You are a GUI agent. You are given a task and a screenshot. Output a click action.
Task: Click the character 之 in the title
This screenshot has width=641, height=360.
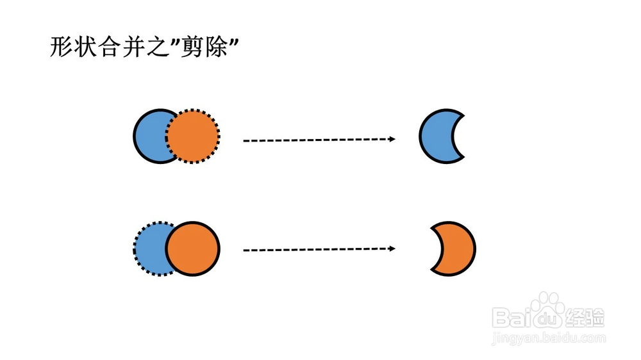(x=159, y=47)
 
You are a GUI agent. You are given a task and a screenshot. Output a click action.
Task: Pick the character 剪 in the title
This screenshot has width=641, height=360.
(x=191, y=47)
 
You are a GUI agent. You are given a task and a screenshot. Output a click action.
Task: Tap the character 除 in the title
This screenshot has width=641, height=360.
(x=216, y=47)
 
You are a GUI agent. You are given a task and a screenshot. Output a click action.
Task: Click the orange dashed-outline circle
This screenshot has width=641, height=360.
(x=192, y=136)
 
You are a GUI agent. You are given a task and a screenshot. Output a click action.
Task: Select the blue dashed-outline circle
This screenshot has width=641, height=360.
(x=148, y=249)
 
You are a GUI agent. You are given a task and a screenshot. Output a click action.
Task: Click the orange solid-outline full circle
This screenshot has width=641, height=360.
(x=192, y=249)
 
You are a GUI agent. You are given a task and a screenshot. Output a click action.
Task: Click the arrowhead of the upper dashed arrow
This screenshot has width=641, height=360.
(x=392, y=139)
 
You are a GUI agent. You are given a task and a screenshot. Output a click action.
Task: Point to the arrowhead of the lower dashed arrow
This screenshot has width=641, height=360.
(x=392, y=249)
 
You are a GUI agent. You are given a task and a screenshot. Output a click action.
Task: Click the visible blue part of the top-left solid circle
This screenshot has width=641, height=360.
(x=149, y=136)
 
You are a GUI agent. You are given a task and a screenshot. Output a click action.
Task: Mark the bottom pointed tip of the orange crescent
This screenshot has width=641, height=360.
(x=431, y=270)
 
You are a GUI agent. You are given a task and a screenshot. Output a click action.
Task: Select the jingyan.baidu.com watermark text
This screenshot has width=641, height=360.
(x=549, y=338)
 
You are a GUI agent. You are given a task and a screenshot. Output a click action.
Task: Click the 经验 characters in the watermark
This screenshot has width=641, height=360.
(x=585, y=318)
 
